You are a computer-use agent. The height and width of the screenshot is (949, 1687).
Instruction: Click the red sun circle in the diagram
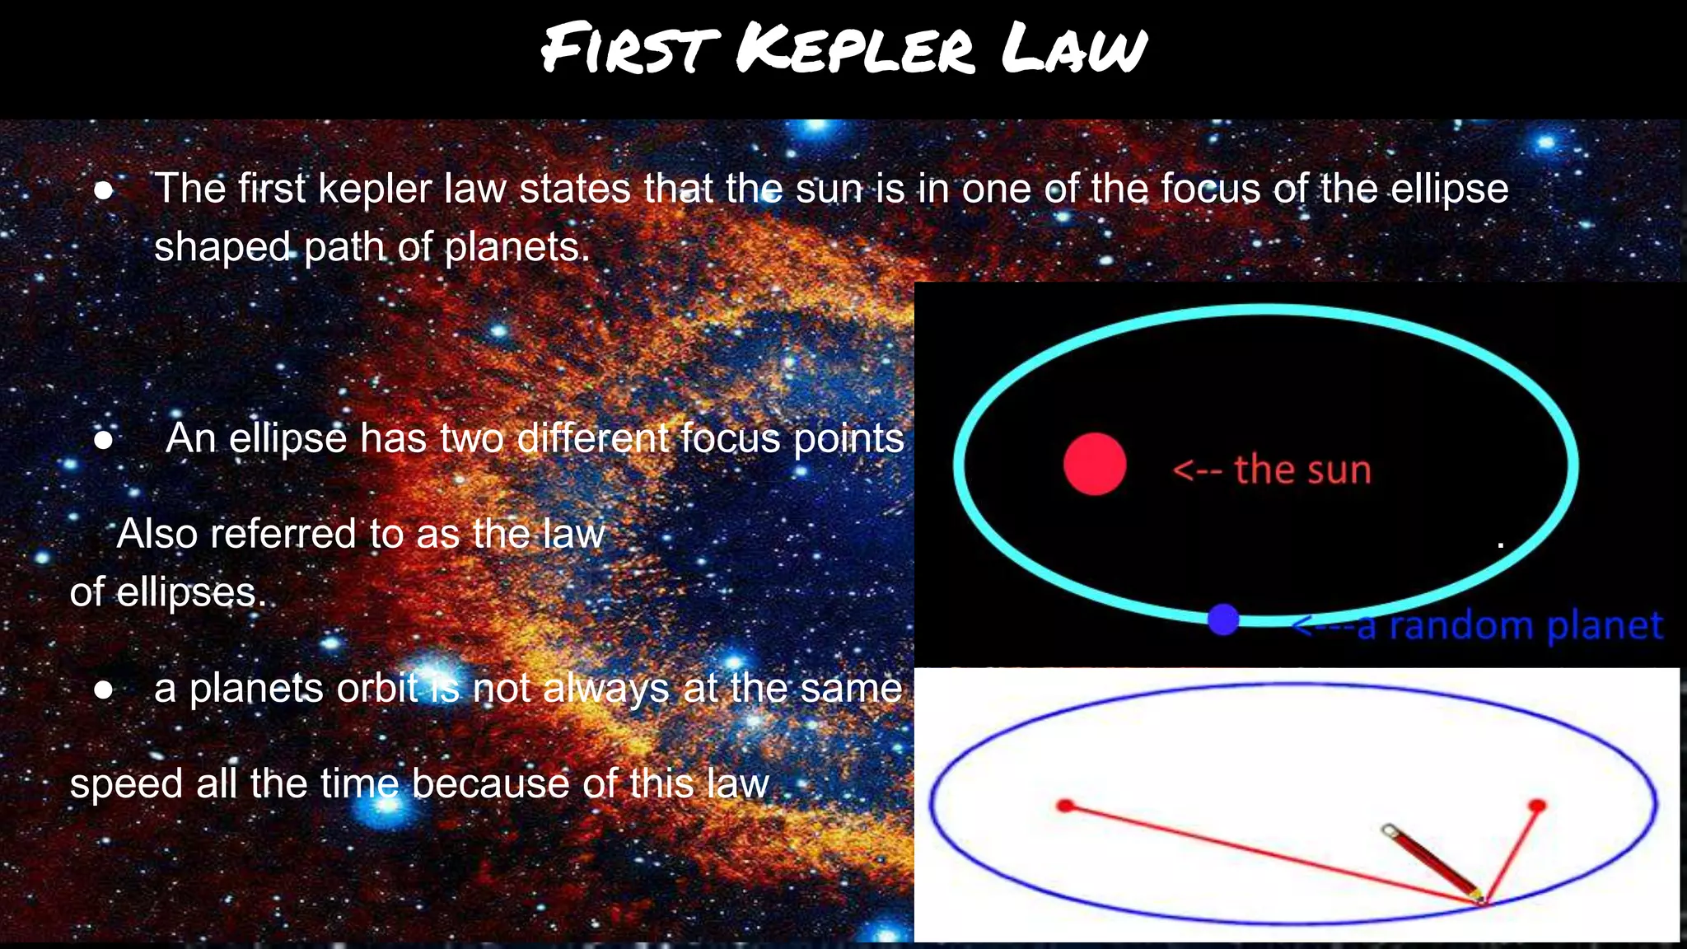[1095, 464]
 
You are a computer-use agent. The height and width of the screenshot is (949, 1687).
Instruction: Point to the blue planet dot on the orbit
[1223, 619]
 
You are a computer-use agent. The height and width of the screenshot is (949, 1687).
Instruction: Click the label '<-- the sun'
[1272, 470]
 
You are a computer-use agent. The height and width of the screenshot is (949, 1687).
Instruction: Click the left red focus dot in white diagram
[1065, 805]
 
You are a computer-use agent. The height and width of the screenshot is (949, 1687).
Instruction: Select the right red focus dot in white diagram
[1536, 805]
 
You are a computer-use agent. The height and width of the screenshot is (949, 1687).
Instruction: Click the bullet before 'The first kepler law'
[103, 190]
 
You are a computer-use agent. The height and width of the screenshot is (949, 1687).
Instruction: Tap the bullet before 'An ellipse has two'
[103, 440]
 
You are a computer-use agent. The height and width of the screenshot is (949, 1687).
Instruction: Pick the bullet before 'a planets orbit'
[103, 690]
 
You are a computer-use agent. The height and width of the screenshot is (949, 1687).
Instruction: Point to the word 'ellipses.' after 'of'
[191, 593]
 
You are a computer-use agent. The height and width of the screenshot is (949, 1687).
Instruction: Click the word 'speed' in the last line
[126, 784]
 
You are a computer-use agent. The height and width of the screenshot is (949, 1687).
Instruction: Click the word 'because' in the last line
[490, 783]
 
